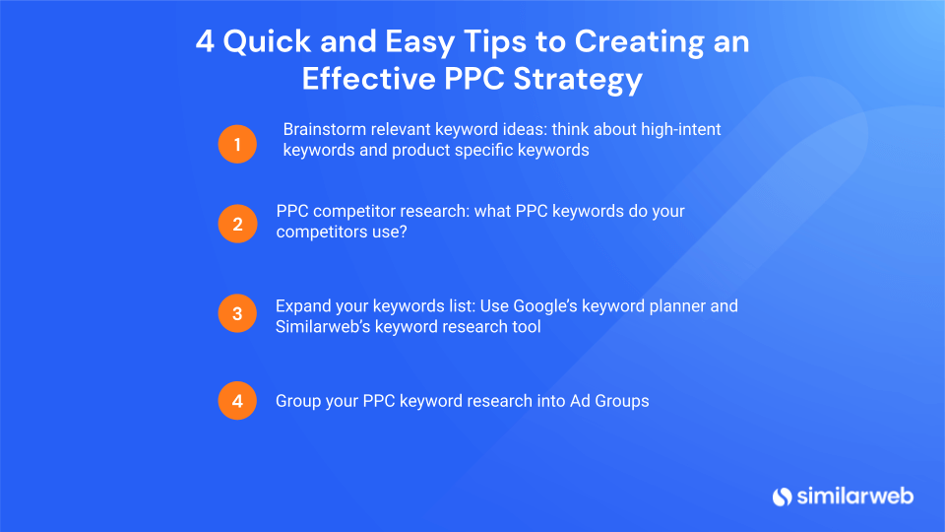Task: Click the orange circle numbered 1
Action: click(237, 144)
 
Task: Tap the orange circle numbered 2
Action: click(237, 224)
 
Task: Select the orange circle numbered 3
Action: click(237, 313)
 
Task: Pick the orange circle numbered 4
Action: click(237, 401)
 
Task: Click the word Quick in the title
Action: click(267, 42)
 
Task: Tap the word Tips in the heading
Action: click(495, 42)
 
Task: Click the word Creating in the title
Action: click(640, 42)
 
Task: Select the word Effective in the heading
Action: click(369, 79)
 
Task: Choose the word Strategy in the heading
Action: click(578, 80)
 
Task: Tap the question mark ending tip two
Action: click(404, 232)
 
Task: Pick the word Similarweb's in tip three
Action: click(323, 326)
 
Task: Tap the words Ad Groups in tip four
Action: click(609, 401)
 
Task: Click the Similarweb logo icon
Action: click(783, 497)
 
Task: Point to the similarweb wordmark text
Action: click(855, 496)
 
